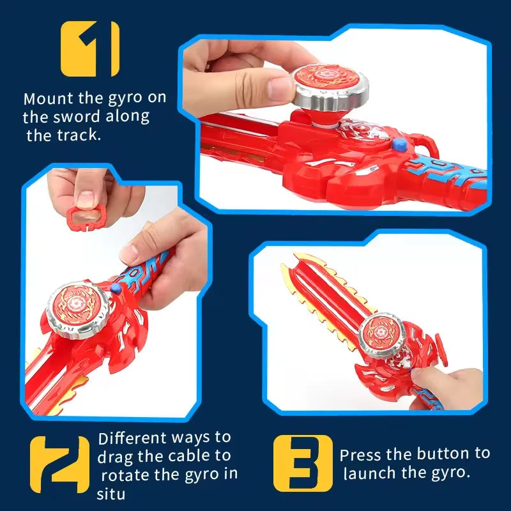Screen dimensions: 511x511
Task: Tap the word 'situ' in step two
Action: [109, 494]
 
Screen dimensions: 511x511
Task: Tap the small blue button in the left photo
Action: [115, 290]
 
